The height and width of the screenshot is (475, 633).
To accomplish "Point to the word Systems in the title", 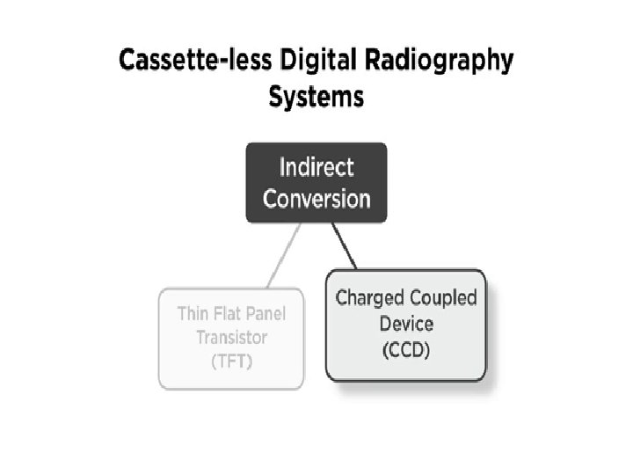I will tap(316, 96).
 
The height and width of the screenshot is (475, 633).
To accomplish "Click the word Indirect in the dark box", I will tap(316, 167).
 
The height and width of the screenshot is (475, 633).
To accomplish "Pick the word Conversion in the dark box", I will tap(316, 198).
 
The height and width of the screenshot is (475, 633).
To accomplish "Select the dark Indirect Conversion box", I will tap(316, 182).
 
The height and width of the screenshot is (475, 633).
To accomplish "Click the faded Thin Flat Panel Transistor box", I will tap(231, 338).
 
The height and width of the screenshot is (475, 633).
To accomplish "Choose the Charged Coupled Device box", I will tap(405, 325).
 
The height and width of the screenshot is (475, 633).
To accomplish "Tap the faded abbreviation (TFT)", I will tap(231, 362).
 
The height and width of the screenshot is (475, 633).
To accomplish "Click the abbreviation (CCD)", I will tap(406, 350).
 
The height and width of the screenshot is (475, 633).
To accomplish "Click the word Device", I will tap(406, 323).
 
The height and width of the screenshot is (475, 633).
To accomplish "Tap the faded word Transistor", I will tap(231, 338).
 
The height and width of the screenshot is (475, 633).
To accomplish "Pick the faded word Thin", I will tap(193, 314).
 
